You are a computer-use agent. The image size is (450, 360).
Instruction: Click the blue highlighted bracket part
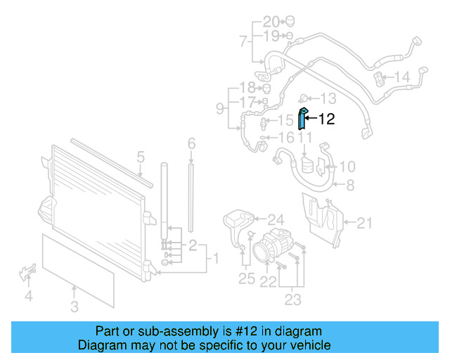pos(301,119)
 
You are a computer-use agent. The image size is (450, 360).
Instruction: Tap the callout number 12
pos(326,120)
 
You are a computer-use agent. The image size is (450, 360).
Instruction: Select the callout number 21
pos(364,223)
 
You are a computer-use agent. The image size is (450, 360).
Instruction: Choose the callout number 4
pos(28,296)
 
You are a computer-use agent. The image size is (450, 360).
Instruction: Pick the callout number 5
pos(140,157)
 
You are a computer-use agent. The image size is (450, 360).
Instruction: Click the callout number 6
pos(191,144)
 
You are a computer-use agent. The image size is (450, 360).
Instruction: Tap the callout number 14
pos(401,77)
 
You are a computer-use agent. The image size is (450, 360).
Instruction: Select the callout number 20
pos(271,21)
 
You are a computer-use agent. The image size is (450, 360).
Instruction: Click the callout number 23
pos(292,300)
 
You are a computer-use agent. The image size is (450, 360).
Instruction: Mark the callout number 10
pos(347,167)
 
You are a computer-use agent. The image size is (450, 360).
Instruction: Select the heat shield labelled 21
pos(320,219)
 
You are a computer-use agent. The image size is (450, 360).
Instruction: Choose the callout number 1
pos(216,259)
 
